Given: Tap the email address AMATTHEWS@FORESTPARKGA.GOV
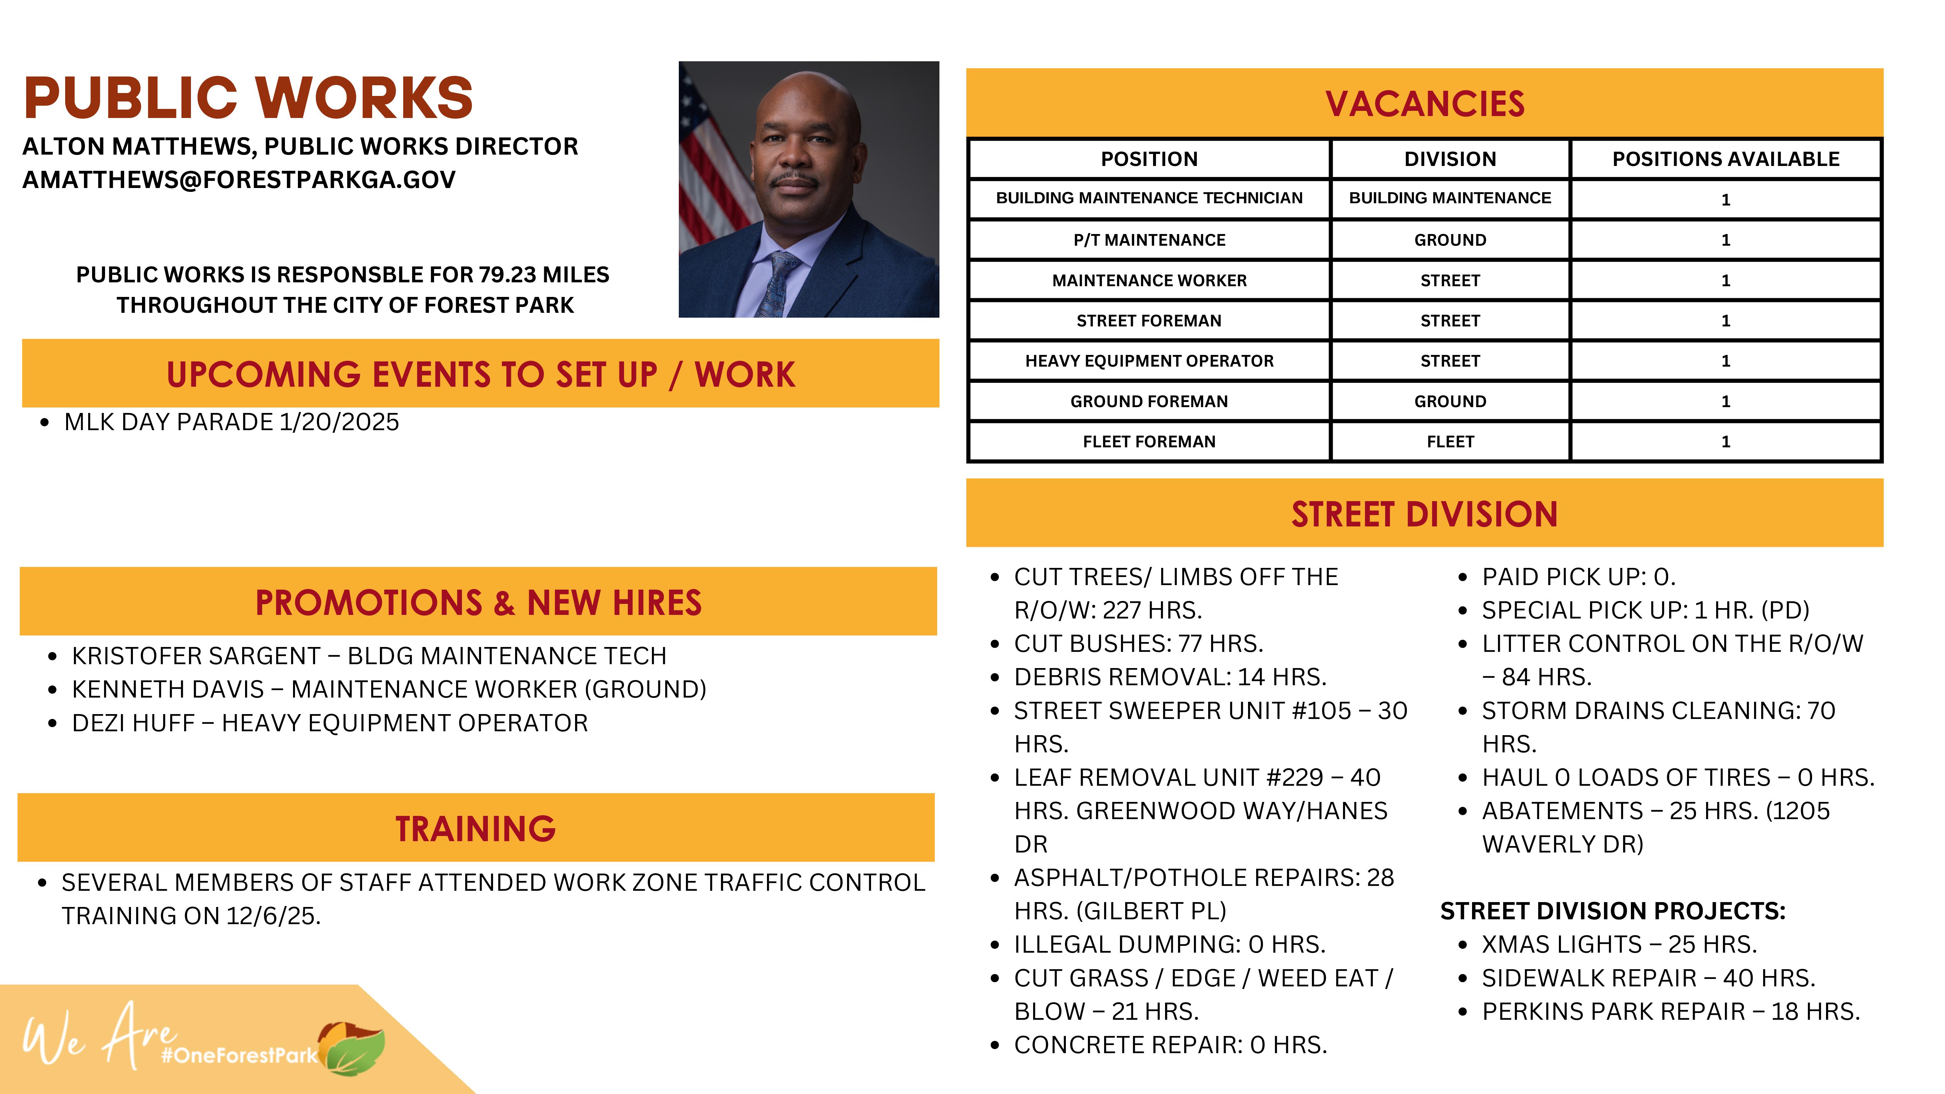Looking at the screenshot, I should tap(239, 180).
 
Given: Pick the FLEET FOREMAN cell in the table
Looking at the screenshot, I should tap(1149, 442).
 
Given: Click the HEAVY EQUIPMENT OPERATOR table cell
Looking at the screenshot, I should tap(1149, 361).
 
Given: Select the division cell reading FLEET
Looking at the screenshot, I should tap(1450, 442).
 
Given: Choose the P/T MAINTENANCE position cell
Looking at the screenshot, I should tap(1149, 240).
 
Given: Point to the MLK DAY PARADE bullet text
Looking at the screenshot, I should tap(231, 422).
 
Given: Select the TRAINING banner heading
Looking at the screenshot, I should tap(476, 828).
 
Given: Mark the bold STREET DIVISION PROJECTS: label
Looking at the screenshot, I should tap(1612, 911).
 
